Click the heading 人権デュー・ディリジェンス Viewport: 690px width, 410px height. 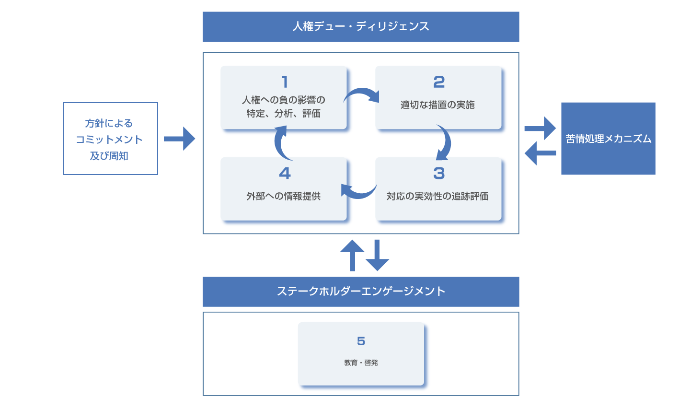tap(361, 26)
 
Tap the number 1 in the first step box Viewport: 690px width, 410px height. tap(285, 82)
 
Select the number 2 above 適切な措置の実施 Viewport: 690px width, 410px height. tap(439, 82)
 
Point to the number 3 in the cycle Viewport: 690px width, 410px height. tap(439, 173)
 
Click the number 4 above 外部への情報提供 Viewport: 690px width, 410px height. tap(285, 173)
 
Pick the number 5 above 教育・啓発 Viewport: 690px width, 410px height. tap(361, 341)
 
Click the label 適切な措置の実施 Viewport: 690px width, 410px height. tap(437, 105)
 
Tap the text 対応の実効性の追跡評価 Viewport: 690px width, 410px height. tap(437, 196)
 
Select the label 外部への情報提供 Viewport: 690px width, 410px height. tap(283, 196)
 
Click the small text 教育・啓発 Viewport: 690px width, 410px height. tap(361, 363)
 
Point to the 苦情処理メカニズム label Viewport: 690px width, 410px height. tap(608, 139)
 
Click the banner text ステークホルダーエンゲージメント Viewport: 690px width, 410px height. tap(361, 291)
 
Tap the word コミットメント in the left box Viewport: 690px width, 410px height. tap(109, 140)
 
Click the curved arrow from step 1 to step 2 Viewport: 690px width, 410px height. tap(362, 94)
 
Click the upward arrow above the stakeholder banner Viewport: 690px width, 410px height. tap(352, 254)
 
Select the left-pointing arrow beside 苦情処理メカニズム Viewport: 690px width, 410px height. tap(540, 153)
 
